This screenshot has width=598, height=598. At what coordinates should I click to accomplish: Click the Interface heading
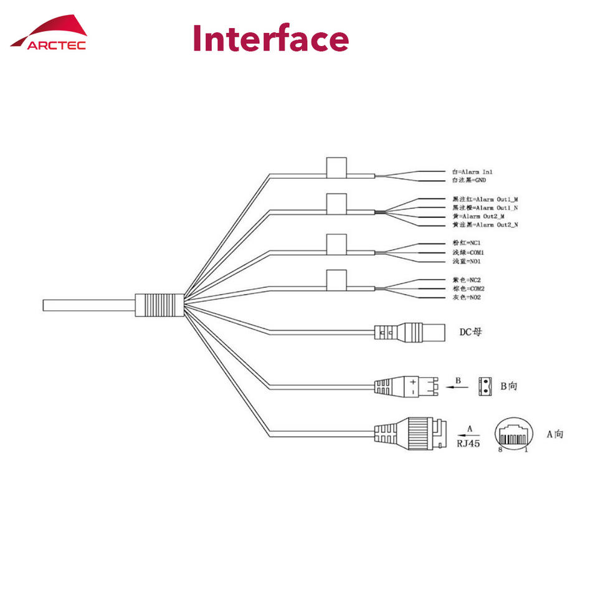270,39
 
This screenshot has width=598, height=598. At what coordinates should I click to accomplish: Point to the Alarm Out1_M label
485,199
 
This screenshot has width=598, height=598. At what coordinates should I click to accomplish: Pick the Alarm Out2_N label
485,224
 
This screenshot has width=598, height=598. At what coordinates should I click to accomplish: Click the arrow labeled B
458,386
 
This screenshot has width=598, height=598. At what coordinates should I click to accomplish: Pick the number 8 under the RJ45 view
500,449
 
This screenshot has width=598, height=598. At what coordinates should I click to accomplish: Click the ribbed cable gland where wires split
161,305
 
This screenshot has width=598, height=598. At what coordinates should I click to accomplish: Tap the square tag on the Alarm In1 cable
336,168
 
